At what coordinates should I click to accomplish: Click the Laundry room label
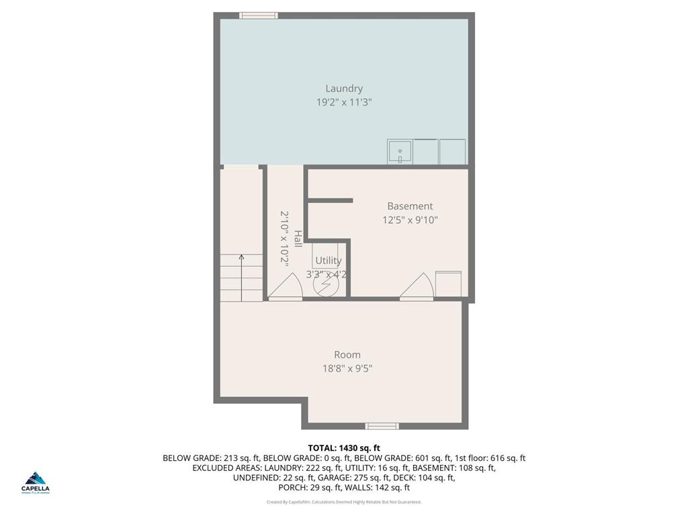[x=344, y=88]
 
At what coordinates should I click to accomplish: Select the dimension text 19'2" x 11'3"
[x=344, y=102]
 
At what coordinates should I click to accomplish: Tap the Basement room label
[x=410, y=206]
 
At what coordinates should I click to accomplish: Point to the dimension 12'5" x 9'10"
[x=410, y=220]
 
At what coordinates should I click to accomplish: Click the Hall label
[x=297, y=238]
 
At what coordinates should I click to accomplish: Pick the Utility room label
[x=329, y=261]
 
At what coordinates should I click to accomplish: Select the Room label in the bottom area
[x=347, y=355]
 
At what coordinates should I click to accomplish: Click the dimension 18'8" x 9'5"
[x=347, y=368]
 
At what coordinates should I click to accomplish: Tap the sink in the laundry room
[x=400, y=152]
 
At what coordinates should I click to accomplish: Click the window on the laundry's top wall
[x=259, y=15]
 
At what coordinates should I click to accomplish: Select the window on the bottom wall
[x=382, y=426]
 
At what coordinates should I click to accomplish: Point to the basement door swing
[x=419, y=287]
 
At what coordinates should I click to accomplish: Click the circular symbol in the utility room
[x=324, y=285]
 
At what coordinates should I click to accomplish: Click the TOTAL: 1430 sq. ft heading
[x=344, y=448]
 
